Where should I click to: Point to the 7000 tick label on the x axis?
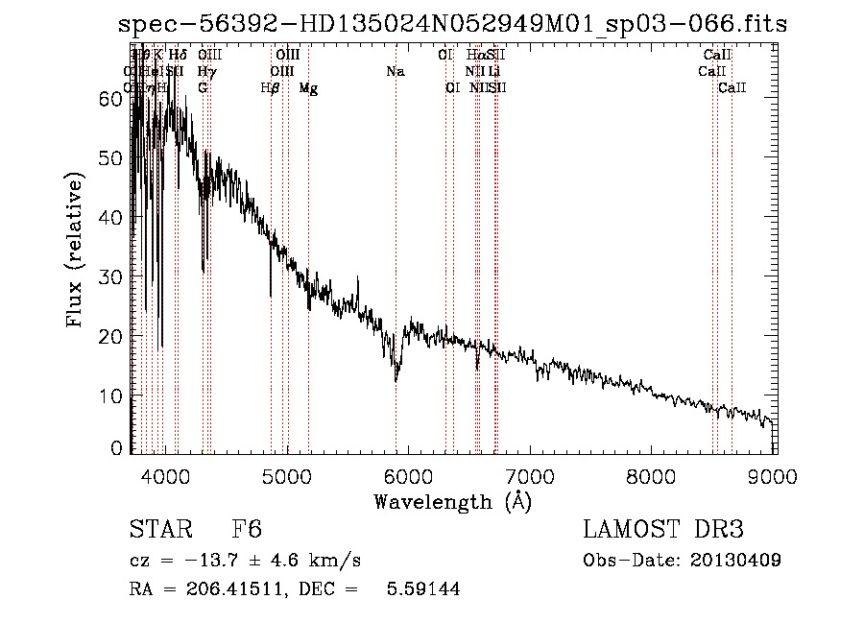tap(531, 475)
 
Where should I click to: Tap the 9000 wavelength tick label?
tap(776, 475)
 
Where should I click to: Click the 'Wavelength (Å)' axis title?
tap(452, 501)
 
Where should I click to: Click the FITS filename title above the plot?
tap(451, 24)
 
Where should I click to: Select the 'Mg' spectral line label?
tap(308, 88)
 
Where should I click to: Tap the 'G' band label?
tap(203, 88)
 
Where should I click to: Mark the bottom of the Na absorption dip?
tap(396, 380)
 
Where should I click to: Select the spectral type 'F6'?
tap(247, 531)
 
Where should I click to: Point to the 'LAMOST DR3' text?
tap(662, 531)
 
